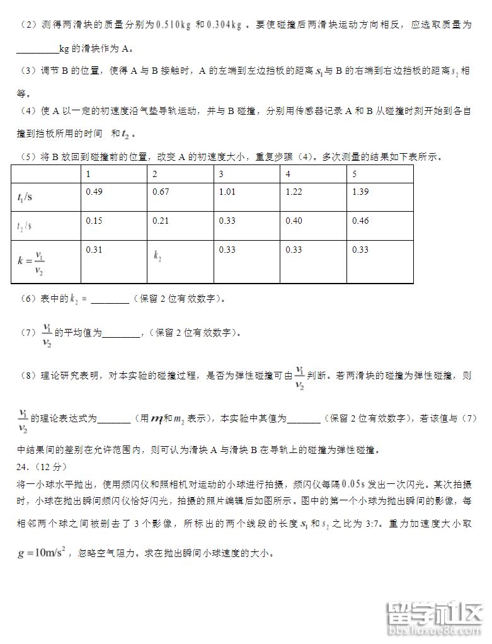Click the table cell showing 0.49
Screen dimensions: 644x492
tap(94, 192)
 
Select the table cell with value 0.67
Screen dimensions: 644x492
tap(161, 192)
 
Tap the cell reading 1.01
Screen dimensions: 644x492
tap(227, 192)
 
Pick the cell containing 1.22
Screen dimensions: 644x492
tap(294, 192)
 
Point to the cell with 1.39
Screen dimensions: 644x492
tap(360, 192)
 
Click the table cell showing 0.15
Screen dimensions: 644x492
tap(94, 221)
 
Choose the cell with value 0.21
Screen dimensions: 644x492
tap(161, 221)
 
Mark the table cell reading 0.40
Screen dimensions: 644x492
tap(294, 221)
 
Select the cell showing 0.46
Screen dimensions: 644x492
tap(360, 221)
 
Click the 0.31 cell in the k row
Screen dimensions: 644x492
tap(94, 250)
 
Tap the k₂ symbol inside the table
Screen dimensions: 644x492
tap(157, 256)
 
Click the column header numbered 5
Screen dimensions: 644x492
tap(355, 174)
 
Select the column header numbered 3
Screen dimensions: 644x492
tap(221, 174)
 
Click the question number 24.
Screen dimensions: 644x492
tap(21, 467)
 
